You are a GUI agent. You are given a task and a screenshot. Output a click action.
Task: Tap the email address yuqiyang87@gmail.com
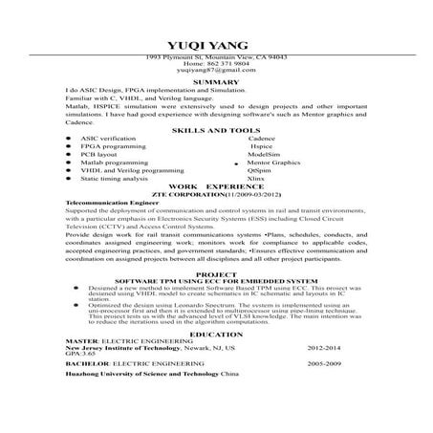coord(215,71)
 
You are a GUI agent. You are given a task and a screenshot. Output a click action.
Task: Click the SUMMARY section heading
coord(215,82)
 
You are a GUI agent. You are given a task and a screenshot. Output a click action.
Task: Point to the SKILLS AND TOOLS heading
coord(215,130)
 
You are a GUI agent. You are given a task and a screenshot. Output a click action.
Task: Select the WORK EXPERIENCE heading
coord(215,185)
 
